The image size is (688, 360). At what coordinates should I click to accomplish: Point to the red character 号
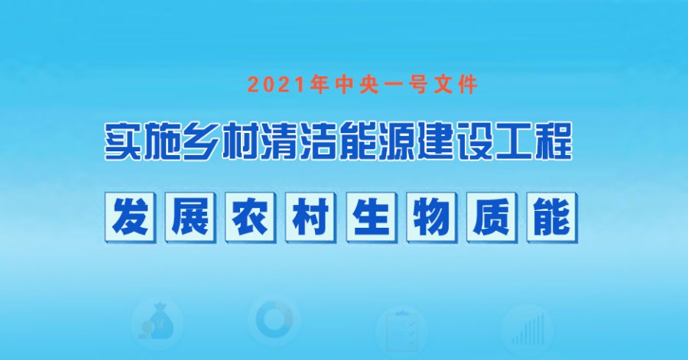(x=415, y=85)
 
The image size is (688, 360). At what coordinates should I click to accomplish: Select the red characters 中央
(x=357, y=85)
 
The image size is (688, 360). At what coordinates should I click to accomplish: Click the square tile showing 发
(x=130, y=218)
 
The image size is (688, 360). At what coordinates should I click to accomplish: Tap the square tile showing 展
(x=190, y=218)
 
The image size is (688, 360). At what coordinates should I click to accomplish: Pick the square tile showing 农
(x=251, y=218)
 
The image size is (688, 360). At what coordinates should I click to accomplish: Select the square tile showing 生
(x=372, y=218)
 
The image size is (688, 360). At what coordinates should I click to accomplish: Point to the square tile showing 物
(x=432, y=218)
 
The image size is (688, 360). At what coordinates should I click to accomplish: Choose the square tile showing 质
(x=492, y=218)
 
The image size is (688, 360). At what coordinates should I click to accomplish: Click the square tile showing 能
(x=553, y=218)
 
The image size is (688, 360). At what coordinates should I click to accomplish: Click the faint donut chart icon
(x=274, y=319)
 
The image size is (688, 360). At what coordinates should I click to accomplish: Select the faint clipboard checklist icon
(x=401, y=332)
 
